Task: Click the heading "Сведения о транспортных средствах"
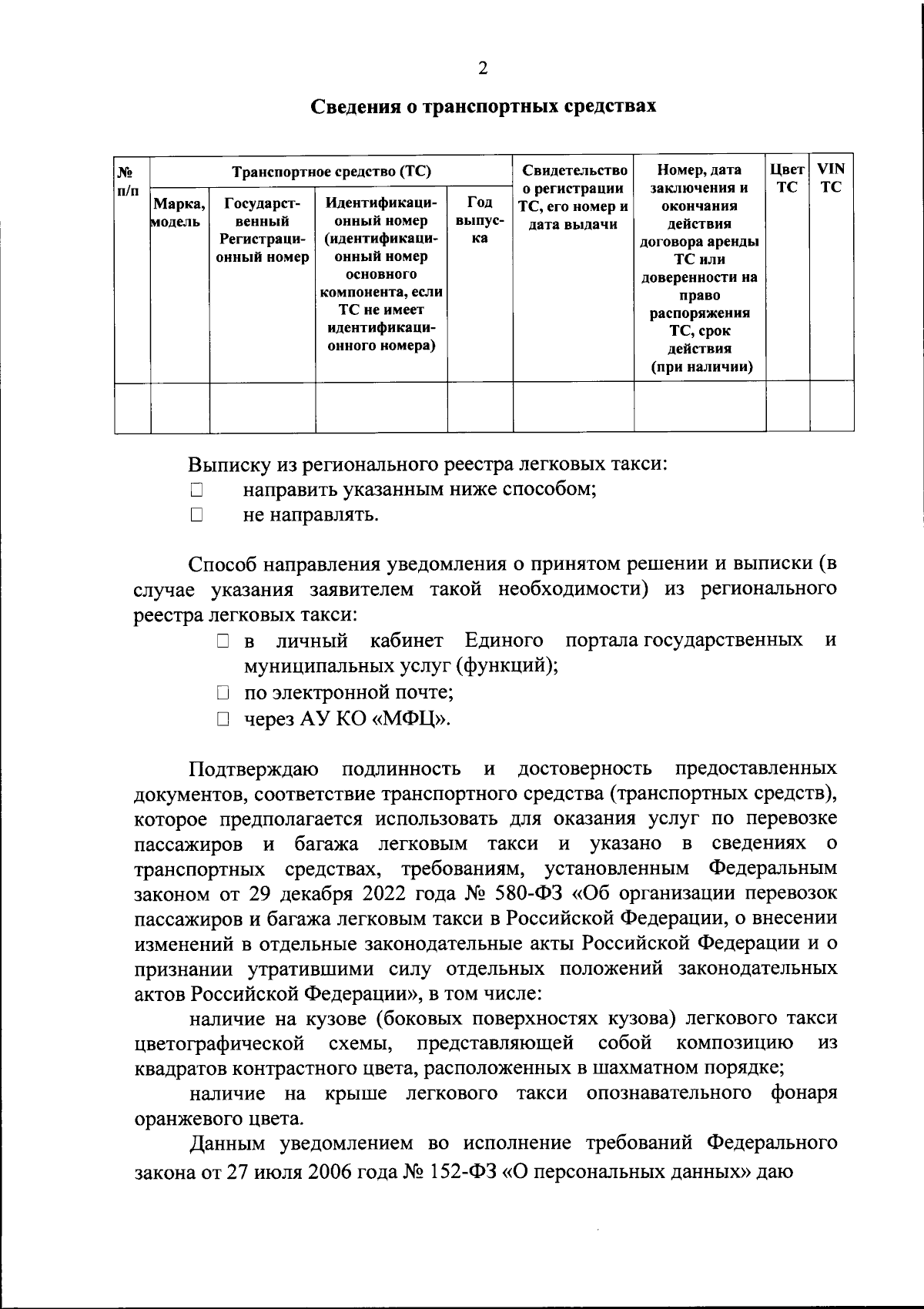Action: [x=483, y=106]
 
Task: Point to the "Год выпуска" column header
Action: [x=480, y=221]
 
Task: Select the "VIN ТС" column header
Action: [x=831, y=177]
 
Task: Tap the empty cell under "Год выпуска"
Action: [x=480, y=407]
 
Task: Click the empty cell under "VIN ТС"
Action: [x=831, y=407]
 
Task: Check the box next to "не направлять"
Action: [x=196, y=514]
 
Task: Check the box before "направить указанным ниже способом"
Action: [x=196, y=489]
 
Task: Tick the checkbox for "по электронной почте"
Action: [x=223, y=694]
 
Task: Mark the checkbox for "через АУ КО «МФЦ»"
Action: [x=223, y=720]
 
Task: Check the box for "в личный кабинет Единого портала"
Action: [x=223, y=641]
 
